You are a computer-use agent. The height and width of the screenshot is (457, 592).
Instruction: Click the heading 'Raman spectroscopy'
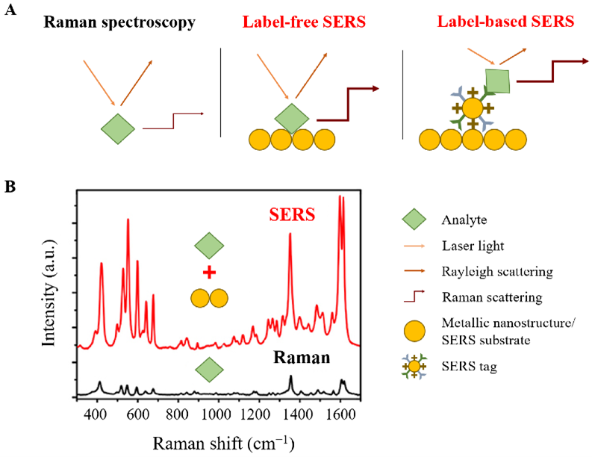pyautogui.click(x=119, y=22)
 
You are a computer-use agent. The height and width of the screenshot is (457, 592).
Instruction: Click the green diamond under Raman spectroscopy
pyautogui.click(x=118, y=128)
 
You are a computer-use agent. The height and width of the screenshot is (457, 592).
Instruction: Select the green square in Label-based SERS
pyautogui.click(x=498, y=80)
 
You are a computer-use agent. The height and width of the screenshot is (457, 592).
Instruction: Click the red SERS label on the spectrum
pyautogui.click(x=291, y=217)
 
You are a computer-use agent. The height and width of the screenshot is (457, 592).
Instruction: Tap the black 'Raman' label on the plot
pyautogui.click(x=301, y=357)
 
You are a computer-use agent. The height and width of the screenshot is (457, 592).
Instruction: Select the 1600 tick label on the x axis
pyautogui.click(x=340, y=415)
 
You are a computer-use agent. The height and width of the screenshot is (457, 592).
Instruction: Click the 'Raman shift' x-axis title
pyautogui.click(x=223, y=443)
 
